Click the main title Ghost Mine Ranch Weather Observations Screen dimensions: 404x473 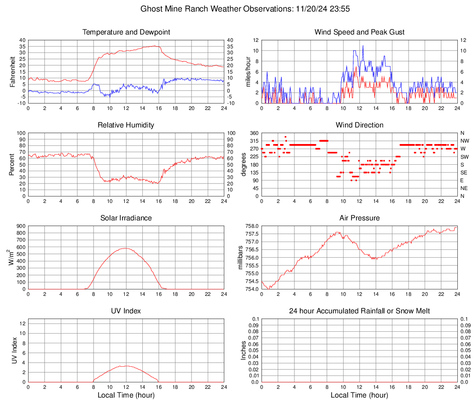237,9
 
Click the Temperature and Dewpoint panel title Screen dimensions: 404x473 126,32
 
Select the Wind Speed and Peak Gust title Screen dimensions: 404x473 360,32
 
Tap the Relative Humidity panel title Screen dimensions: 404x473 126,125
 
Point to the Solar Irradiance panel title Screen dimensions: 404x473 126,218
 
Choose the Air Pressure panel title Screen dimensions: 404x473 360,218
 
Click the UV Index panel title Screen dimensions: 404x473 126,311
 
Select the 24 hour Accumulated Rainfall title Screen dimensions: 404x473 360,311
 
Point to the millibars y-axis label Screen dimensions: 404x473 240,258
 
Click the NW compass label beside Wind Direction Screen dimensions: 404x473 464,141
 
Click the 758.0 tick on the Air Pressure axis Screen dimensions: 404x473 251,226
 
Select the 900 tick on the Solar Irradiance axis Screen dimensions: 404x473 22,226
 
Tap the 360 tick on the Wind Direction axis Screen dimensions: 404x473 254,133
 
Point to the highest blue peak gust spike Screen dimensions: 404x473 363,46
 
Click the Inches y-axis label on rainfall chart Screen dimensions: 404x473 244,350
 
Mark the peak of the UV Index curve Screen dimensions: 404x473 126,366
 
